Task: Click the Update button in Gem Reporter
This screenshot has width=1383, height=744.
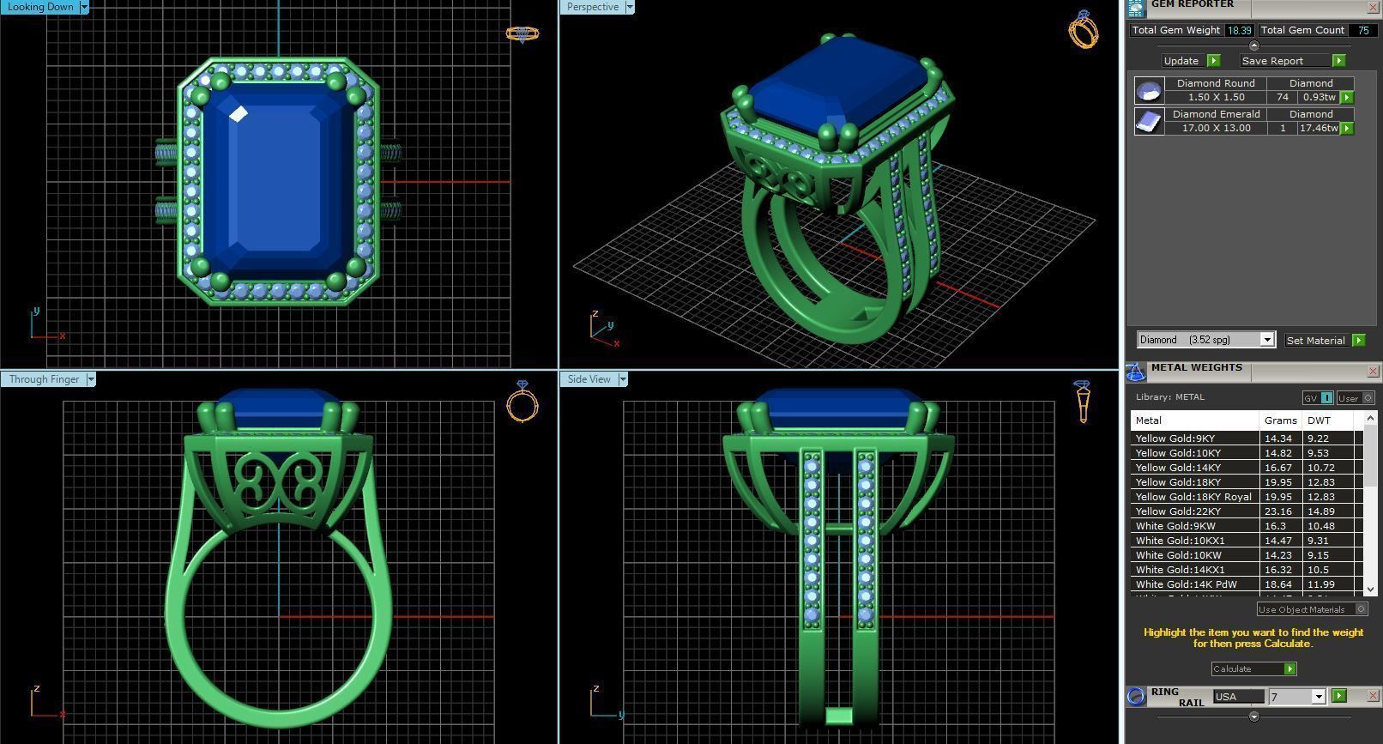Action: pyautogui.click(x=1181, y=61)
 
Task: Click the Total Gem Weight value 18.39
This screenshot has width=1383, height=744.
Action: pyautogui.click(x=1238, y=30)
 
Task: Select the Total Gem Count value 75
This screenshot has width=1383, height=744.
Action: pyautogui.click(x=1362, y=30)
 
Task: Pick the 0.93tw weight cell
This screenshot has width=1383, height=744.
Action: pyautogui.click(x=1319, y=98)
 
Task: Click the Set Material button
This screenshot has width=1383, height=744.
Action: pyautogui.click(x=1316, y=341)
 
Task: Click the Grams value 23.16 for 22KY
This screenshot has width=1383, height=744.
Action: pyautogui.click(x=1277, y=511)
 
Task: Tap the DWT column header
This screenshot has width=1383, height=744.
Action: pyautogui.click(x=1319, y=420)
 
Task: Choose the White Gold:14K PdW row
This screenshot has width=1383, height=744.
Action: pyautogui.click(x=1186, y=584)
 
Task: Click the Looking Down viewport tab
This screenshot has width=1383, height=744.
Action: pyautogui.click(x=40, y=7)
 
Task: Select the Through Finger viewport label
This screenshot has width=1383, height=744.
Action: pyautogui.click(x=44, y=379)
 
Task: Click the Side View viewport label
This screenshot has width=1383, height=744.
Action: pyautogui.click(x=589, y=379)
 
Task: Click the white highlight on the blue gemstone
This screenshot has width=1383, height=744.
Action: pyautogui.click(x=239, y=114)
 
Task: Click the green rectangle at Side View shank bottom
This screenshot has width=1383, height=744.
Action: pyautogui.click(x=838, y=716)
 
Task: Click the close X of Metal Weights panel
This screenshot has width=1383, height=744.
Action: pyautogui.click(x=1373, y=372)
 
